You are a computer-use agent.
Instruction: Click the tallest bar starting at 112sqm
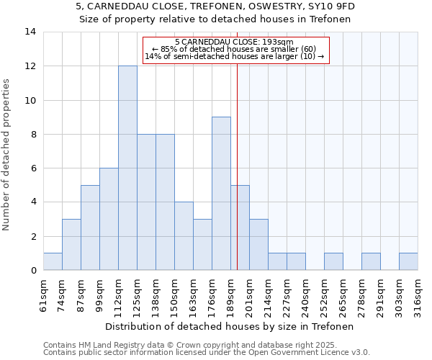(127, 168)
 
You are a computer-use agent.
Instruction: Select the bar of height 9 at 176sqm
(221, 194)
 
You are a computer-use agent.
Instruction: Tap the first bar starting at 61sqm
(53, 261)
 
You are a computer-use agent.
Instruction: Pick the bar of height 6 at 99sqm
(109, 219)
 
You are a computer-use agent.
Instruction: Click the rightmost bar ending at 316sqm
(408, 261)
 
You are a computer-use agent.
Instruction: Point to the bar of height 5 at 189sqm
(240, 228)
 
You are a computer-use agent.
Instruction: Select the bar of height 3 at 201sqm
(258, 245)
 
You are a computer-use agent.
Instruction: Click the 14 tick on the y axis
(30, 32)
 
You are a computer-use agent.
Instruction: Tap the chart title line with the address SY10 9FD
(215, 6)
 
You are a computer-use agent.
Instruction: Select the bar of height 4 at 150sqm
(184, 236)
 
